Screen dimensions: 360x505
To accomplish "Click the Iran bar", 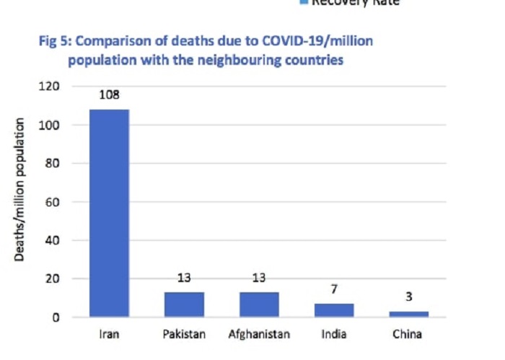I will tap(109, 213).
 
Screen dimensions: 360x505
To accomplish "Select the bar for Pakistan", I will tap(184, 304).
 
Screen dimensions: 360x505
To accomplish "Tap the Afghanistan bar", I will tap(259, 304).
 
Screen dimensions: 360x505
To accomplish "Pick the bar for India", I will tap(334, 310).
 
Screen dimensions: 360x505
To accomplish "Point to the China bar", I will tap(409, 314).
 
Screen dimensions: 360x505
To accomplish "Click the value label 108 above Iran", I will tap(109, 95).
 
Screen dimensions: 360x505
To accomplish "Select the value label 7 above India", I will tap(334, 289).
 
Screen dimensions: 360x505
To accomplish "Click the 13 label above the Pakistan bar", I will tap(184, 278).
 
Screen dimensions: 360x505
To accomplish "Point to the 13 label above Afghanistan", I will tap(259, 278).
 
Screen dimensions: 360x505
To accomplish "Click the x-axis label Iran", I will tap(109, 335).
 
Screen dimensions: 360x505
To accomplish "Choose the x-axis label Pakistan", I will tap(184, 335).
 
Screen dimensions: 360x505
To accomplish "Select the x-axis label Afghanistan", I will tap(259, 335).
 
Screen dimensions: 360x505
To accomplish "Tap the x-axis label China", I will tap(409, 335).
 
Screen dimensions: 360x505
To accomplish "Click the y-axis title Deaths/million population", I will tap(22, 190).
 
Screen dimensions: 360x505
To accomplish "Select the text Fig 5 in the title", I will tap(53, 42).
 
